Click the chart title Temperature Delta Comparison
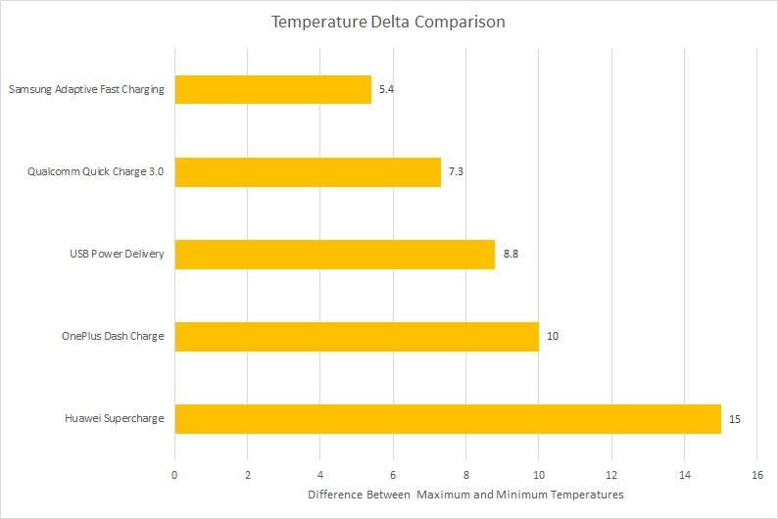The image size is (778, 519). click(388, 23)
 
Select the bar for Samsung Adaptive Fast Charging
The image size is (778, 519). click(273, 90)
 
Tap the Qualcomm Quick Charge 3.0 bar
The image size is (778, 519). click(308, 172)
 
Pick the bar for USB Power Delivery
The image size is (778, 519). click(335, 255)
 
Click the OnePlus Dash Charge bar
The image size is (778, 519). click(357, 337)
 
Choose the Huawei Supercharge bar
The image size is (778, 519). click(448, 419)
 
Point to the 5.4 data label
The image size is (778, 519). click(386, 89)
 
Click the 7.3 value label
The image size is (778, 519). click(456, 171)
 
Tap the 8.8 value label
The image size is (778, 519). click(511, 254)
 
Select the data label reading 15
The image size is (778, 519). click(734, 419)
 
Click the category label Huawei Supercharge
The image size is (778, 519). click(115, 418)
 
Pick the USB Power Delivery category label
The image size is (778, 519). click(118, 254)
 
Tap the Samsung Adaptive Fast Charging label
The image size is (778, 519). click(86, 89)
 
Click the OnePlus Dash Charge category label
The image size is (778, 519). click(113, 336)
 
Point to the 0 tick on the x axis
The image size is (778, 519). click(174, 475)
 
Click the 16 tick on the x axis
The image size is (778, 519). click(757, 475)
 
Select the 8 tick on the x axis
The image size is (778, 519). click(465, 475)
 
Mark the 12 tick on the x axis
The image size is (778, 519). click(611, 475)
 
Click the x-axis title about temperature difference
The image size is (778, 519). click(465, 495)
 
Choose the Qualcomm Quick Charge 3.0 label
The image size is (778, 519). click(95, 171)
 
